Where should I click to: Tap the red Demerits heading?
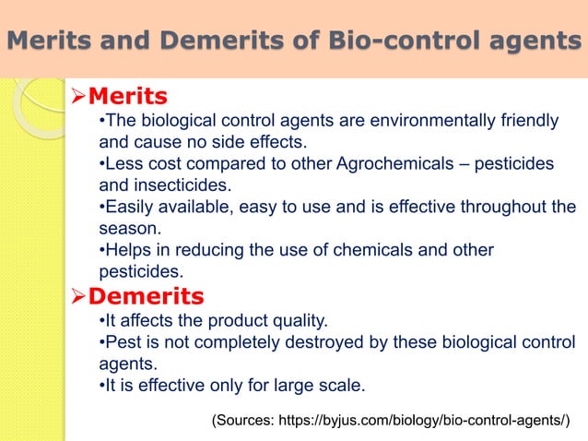click(x=145, y=295)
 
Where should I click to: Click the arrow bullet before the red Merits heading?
click(x=76, y=95)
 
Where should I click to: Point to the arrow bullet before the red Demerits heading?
click(x=76, y=295)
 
